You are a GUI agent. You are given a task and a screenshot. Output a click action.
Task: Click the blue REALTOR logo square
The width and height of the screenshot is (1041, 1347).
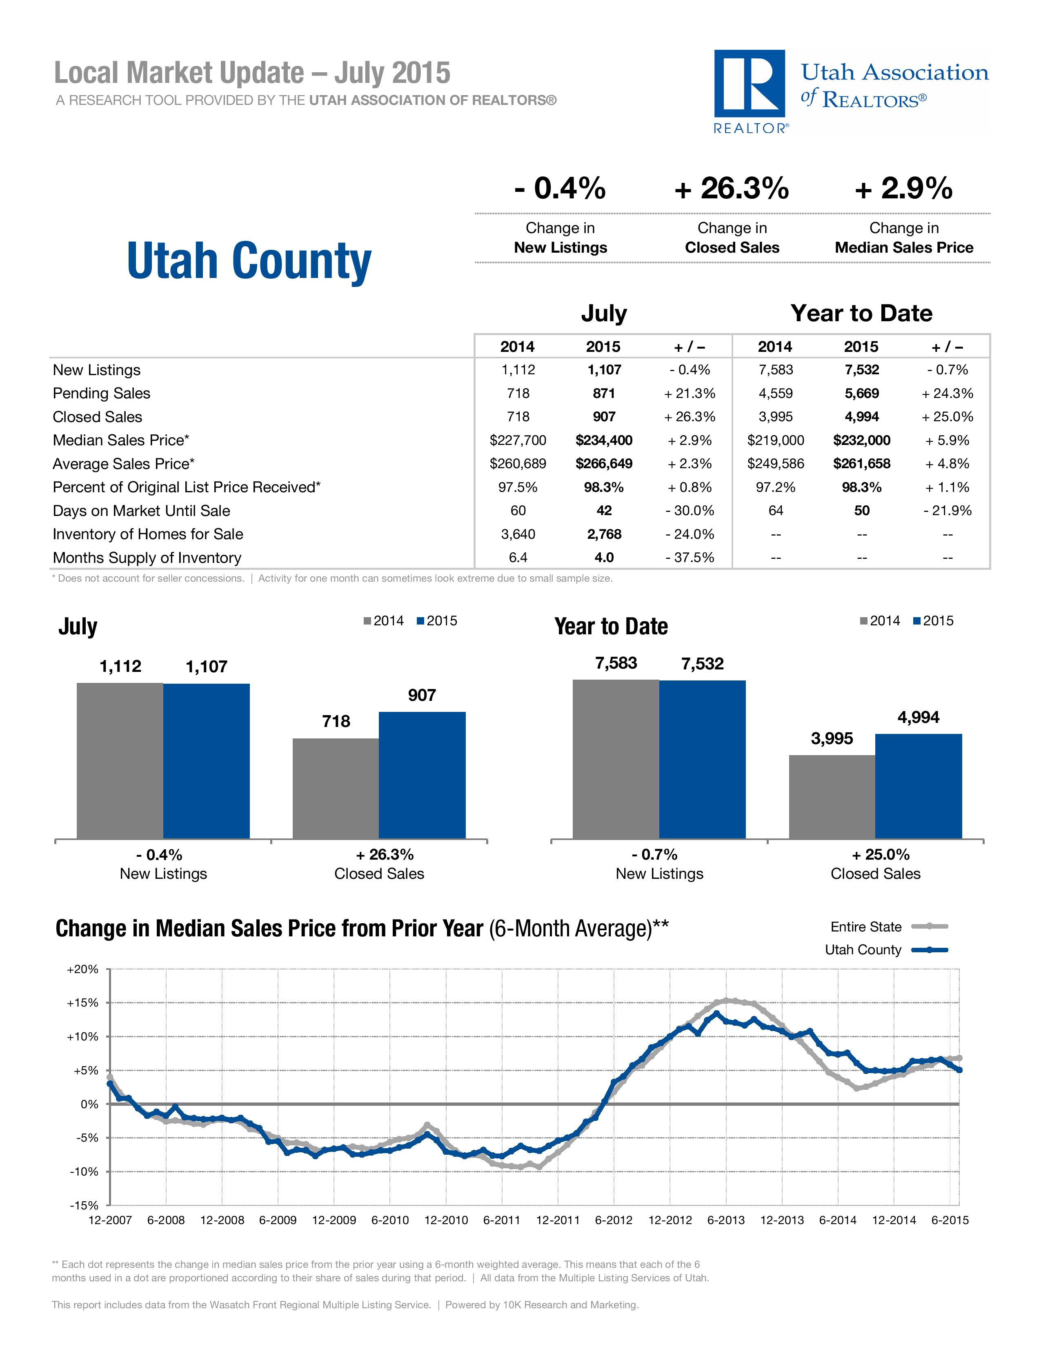coord(749,83)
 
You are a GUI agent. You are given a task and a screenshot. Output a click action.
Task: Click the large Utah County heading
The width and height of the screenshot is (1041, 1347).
coord(249,260)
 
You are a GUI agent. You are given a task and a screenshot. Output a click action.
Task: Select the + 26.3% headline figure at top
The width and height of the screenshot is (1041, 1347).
coord(732,188)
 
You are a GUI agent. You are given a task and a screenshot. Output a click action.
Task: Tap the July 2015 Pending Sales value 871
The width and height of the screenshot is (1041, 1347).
coord(604,393)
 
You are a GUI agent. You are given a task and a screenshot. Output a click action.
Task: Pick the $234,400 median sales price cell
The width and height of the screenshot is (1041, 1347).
coord(604,440)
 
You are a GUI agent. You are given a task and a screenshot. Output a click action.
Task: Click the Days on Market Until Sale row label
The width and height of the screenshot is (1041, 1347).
coord(141,511)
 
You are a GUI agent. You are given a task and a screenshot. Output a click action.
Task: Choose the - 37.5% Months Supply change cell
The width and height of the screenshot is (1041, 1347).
coord(690,558)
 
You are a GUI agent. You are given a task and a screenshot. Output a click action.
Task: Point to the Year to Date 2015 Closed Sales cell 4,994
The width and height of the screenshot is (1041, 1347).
coord(861,417)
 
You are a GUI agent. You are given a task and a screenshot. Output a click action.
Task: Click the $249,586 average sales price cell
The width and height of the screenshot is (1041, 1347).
coord(775,464)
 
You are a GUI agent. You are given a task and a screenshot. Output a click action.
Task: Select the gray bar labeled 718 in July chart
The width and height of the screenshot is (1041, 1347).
coord(336,788)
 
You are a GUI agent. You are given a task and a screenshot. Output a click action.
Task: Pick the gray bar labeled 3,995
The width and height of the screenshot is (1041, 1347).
coord(832,796)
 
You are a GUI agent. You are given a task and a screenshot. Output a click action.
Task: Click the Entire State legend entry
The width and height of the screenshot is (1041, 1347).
coord(888,927)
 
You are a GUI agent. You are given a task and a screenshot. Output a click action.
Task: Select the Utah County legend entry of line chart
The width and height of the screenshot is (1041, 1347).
coord(885,950)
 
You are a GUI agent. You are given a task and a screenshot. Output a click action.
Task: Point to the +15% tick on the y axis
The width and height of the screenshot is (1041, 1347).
coord(82,1003)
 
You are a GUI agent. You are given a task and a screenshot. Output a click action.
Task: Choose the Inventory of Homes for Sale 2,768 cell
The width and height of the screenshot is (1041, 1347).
coord(604,534)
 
